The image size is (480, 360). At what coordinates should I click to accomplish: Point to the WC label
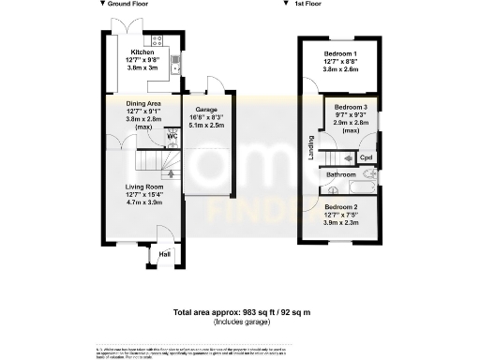click(x=172, y=137)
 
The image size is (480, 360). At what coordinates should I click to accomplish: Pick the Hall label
click(x=165, y=253)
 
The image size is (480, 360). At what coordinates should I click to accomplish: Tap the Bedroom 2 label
click(x=341, y=207)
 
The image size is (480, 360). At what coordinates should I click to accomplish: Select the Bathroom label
click(x=341, y=174)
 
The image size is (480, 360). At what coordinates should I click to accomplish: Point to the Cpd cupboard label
click(x=366, y=157)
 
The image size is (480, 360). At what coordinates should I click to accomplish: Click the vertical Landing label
click(x=311, y=148)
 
